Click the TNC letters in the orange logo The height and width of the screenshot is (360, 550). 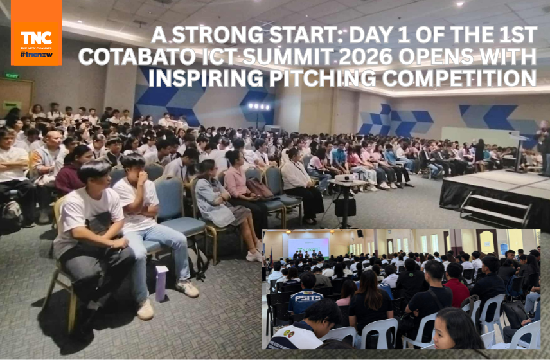(36, 38)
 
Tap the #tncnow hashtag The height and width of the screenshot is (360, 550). (36, 54)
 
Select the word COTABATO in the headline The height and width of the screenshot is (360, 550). (137, 56)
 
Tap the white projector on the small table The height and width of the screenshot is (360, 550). (346, 177)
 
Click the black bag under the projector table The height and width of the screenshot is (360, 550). (345, 206)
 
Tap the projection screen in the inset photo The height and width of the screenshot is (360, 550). (308, 248)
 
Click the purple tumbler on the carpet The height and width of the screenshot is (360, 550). (161, 283)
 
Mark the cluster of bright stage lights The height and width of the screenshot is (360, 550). (258, 106)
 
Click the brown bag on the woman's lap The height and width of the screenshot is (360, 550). (259, 189)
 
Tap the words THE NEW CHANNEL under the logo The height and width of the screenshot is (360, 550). (36, 48)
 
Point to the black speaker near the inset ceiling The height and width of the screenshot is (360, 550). (360, 234)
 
